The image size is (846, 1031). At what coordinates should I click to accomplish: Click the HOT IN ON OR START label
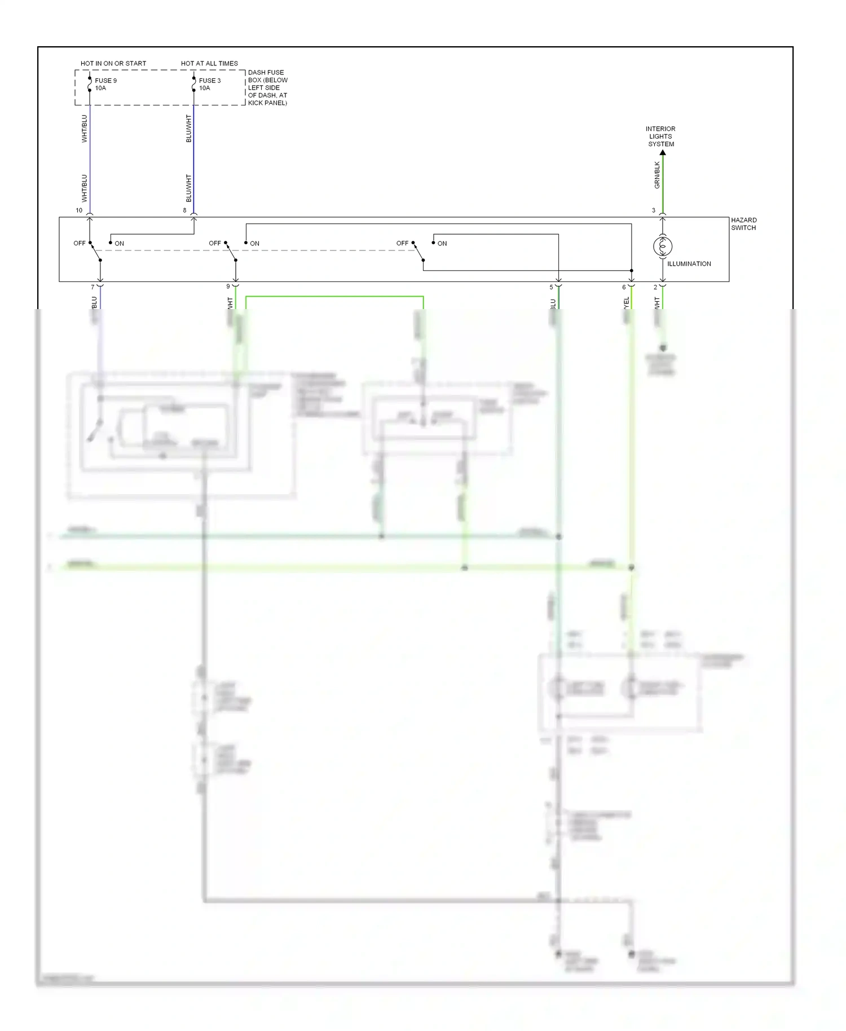click(x=113, y=63)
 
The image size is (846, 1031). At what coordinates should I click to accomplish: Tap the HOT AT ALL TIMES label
click(x=209, y=63)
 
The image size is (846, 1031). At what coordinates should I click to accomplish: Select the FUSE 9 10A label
click(x=105, y=84)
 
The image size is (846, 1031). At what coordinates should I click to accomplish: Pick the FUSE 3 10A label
click(x=210, y=84)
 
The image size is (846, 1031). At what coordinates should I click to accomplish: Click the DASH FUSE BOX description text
click(x=267, y=87)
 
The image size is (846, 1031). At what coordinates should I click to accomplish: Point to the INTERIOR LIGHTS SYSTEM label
click(x=660, y=136)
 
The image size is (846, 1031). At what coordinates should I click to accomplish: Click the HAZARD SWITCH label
click(x=743, y=224)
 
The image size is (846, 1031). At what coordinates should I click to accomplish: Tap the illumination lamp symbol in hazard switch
click(x=663, y=246)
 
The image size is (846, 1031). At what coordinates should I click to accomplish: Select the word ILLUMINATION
click(x=689, y=264)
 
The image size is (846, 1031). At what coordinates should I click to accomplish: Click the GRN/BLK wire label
click(x=657, y=175)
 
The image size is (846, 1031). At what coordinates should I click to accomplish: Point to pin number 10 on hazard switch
click(x=79, y=210)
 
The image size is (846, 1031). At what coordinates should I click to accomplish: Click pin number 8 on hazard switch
click(x=184, y=210)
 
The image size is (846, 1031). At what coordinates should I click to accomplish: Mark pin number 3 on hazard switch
click(x=654, y=210)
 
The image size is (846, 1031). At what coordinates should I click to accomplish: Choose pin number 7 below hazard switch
click(x=93, y=287)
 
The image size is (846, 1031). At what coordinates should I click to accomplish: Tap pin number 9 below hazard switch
click(x=228, y=287)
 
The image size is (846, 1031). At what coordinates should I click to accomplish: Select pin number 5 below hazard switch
click(x=551, y=287)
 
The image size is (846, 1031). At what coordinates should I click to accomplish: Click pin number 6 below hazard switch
click(x=624, y=287)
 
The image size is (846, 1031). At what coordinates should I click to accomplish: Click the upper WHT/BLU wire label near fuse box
click(x=85, y=129)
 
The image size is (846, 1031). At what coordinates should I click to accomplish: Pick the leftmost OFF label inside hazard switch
click(x=80, y=244)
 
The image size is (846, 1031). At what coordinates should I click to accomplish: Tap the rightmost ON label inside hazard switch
click(x=442, y=244)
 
